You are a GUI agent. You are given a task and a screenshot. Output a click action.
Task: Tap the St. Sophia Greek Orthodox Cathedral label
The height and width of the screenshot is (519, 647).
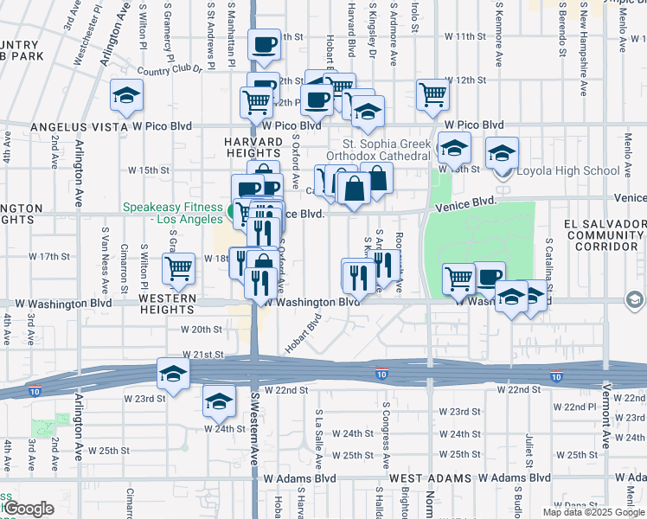pyautogui.click(x=386, y=150)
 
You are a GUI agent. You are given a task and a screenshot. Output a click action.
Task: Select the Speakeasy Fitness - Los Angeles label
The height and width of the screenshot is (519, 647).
pyautogui.click(x=174, y=213)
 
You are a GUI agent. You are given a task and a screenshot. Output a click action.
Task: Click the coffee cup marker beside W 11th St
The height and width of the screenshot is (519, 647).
pyautogui.click(x=263, y=44)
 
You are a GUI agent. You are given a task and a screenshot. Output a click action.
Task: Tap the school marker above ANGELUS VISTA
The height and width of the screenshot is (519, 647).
pyautogui.click(x=127, y=94)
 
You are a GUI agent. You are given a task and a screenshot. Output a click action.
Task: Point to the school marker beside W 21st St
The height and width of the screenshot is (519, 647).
pyautogui.click(x=173, y=373)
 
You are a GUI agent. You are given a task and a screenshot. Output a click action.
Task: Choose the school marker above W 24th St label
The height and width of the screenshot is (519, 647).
pyautogui.click(x=219, y=400)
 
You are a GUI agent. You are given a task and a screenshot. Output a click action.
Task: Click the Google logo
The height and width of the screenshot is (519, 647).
pyautogui.click(x=29, y=509)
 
